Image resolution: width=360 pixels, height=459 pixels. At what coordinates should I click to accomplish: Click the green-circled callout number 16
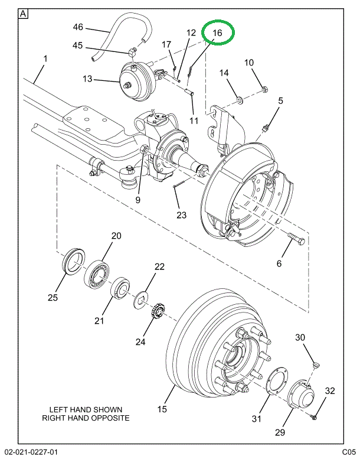(x=218, y=33)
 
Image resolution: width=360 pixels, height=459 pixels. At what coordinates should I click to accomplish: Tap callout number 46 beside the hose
(x=78, y=27)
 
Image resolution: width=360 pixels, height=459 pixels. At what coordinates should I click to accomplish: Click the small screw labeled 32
(x=315, y=417)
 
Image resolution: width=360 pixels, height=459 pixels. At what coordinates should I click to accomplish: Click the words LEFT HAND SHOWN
(x=86, y=409)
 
